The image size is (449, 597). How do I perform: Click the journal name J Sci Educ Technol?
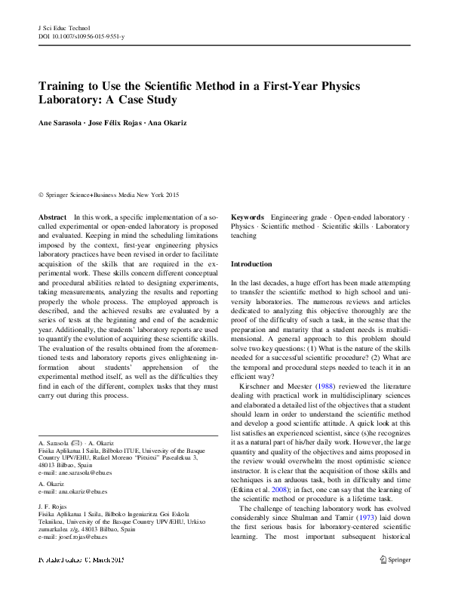[63, 26]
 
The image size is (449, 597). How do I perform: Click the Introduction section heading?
[251, 265]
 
